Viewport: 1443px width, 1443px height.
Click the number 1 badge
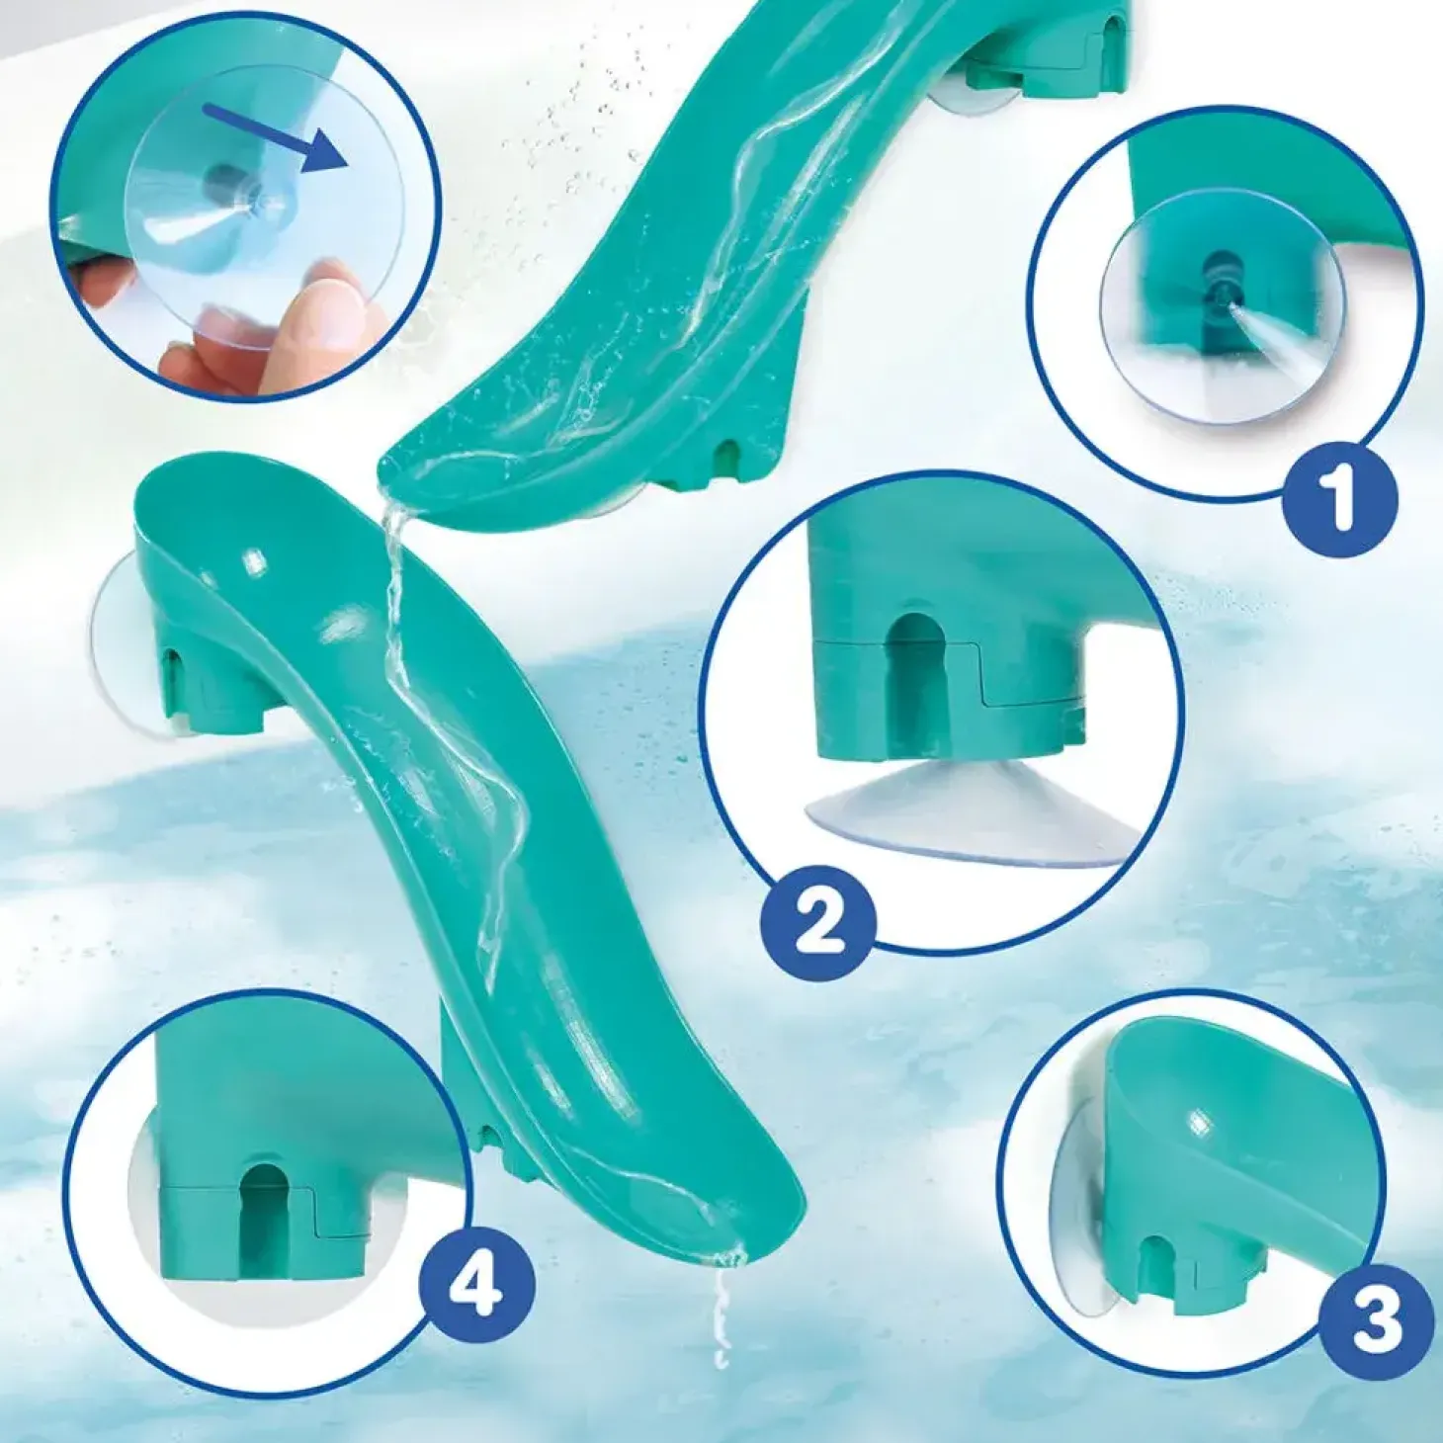[1339, 497]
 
